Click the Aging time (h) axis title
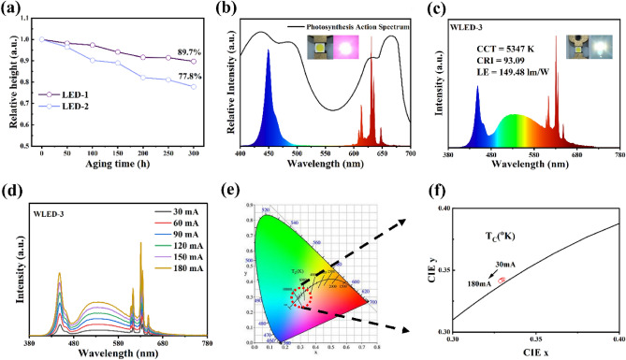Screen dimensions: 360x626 tap(113, 173)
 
